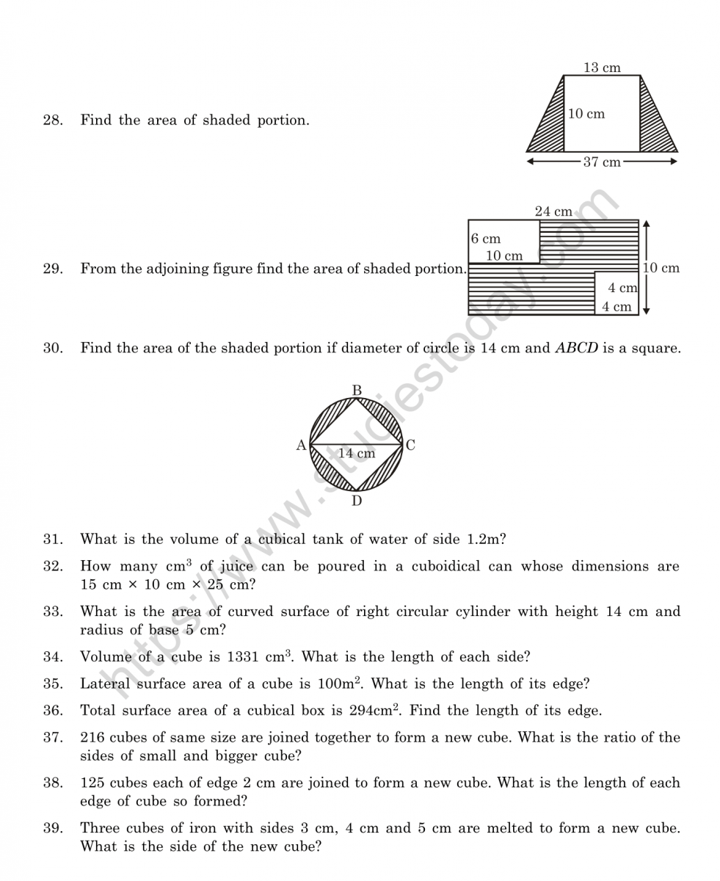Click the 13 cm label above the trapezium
click(602, 68)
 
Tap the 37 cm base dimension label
click(602, 162)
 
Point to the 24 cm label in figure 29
click(553, 211)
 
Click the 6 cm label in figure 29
click(486, 239)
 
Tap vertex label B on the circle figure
click(357, 391)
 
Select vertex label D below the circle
click(357, 501)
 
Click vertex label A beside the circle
click(301, 445)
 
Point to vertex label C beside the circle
click(410, 445)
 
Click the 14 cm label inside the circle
click(357, 454)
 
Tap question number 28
click(52, 120)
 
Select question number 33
click(52, 611)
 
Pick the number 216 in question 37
click(92, 737)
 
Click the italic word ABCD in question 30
click(576, 348)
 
